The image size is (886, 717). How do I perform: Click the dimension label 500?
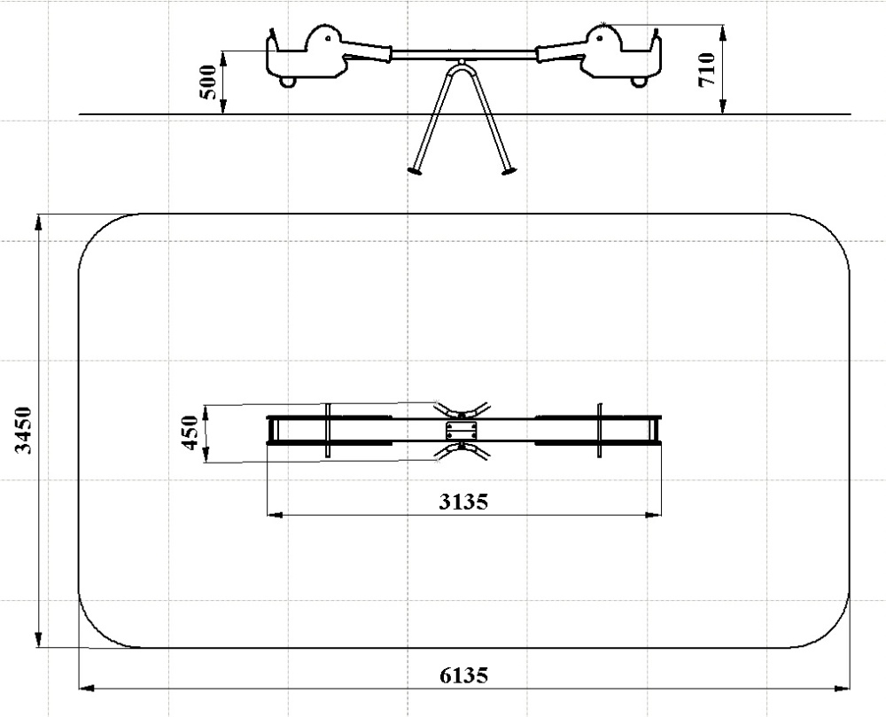pos(208,82)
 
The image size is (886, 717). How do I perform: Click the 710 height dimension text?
pos(707,69)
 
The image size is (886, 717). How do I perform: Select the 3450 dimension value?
pos(24,430)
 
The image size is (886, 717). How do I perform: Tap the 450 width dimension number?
pos(190,433)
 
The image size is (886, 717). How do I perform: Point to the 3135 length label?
pos(463,502)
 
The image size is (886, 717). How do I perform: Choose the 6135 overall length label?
pos(463,675)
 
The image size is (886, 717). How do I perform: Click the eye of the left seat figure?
pos(328,38)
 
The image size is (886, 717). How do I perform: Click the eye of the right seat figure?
pos(600,38)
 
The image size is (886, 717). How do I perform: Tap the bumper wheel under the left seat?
pos(289,82)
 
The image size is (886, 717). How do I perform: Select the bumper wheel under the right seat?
pos(639,82)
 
